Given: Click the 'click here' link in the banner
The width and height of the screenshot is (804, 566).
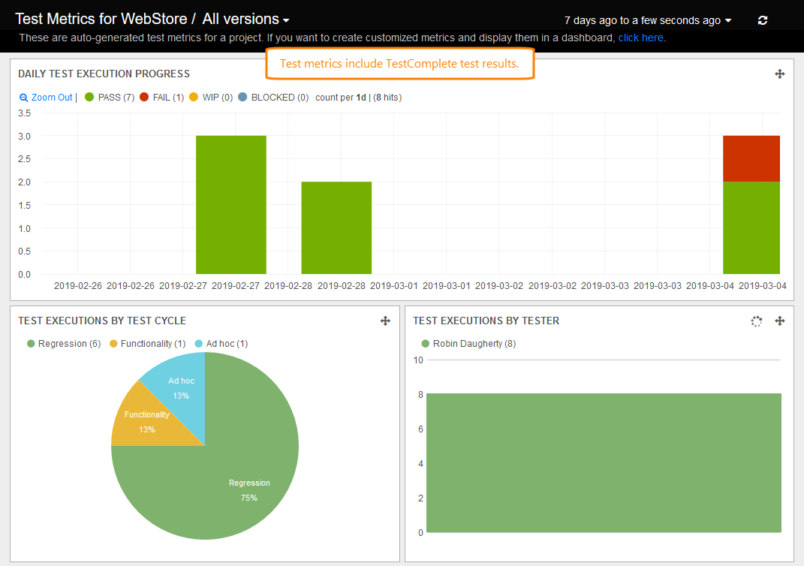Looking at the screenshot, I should (640, 38).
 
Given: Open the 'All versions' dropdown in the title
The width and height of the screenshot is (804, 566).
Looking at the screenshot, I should (245, 20).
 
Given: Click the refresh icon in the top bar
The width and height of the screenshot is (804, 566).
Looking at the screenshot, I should (763, 20).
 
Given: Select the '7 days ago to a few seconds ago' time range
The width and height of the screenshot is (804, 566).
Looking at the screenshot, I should (647, 20).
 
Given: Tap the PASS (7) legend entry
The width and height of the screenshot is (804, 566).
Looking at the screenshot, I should (110, 98).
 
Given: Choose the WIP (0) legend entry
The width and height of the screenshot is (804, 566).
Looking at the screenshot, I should (211, 98).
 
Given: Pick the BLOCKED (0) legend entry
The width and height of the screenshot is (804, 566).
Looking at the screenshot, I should (273, 98).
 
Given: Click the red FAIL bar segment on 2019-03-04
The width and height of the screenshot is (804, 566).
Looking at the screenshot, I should (751, 158).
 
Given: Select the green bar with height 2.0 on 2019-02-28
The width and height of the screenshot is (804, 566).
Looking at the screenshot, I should (336, 227).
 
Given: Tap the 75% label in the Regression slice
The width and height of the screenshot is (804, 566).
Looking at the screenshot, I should (249, 498).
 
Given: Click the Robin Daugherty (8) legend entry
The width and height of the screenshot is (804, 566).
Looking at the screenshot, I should (468, 344).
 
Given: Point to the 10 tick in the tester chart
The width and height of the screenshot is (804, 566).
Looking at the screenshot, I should (418, 360).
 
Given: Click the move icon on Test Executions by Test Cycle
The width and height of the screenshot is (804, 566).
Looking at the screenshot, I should (385, 321).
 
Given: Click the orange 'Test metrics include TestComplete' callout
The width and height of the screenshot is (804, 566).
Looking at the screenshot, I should (399, 64).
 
